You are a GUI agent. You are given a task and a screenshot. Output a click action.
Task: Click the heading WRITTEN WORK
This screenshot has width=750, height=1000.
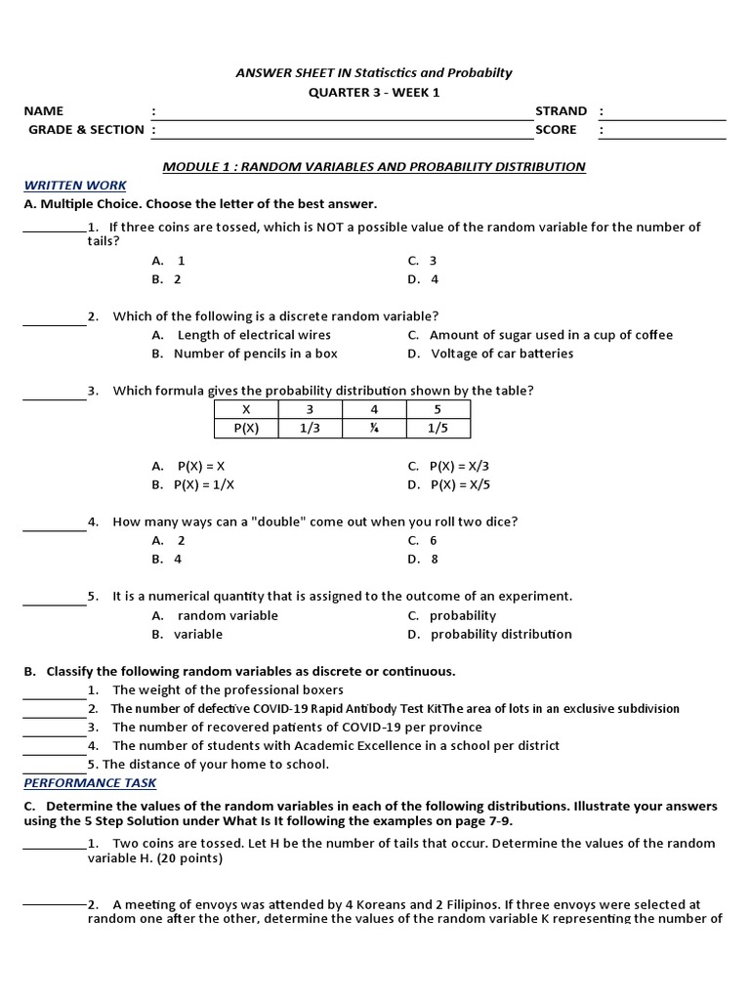(75, 185)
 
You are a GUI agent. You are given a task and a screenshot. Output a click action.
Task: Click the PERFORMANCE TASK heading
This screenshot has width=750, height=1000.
(90, 782)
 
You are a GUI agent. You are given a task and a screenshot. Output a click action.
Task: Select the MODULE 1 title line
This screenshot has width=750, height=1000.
(373, 166)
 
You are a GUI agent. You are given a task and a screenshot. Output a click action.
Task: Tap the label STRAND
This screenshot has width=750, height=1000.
(561, 110)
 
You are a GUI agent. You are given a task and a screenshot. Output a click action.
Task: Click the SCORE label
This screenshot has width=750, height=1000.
(556, 129)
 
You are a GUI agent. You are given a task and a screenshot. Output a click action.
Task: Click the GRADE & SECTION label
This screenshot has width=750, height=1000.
(86, 129)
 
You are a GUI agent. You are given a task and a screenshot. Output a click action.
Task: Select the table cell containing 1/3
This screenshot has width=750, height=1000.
(311, 428)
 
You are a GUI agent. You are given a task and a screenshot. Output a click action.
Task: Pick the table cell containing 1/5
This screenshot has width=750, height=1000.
(437, 428)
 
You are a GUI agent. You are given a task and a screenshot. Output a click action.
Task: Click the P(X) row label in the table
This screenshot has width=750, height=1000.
(246, 428)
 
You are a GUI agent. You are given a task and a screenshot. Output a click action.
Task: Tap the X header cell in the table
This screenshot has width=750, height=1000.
(246, 409)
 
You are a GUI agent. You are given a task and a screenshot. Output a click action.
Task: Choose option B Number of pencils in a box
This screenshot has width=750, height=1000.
(255, 354)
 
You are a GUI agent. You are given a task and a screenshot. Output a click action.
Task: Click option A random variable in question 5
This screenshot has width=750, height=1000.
(227, 615)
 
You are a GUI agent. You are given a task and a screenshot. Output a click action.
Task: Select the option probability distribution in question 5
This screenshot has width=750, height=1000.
(501, 634)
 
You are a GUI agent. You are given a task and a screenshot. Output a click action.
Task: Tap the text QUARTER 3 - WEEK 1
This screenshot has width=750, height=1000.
(374, 92)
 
